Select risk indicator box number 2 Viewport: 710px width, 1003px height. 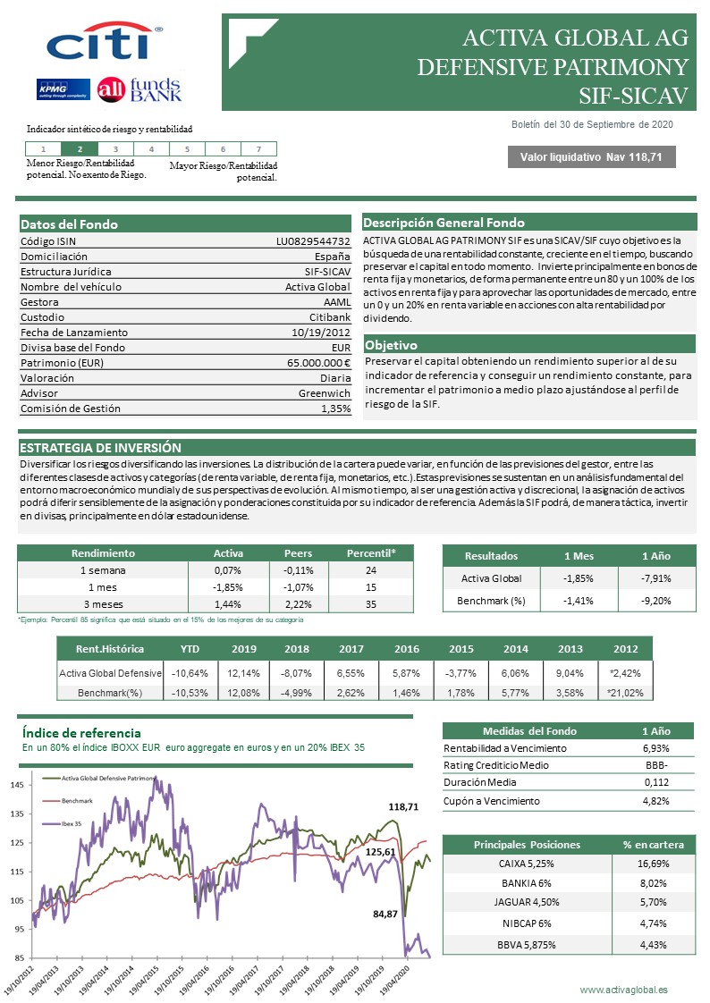pos(80,149)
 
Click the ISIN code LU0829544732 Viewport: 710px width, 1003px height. pos(313,241)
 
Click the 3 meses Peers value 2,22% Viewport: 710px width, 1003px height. pos(298,604)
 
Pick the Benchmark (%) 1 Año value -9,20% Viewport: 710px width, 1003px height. pos(656,601)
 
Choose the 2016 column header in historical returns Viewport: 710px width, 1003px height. pos(407,648)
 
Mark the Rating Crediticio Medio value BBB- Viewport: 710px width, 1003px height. pos(656,764)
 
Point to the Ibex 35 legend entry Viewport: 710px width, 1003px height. pos(71,823)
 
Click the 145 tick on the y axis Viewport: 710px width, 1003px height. pos(18,785)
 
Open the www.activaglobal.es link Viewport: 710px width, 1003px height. pos(623,990)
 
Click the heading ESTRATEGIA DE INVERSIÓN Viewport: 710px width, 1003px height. pos(100,448)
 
